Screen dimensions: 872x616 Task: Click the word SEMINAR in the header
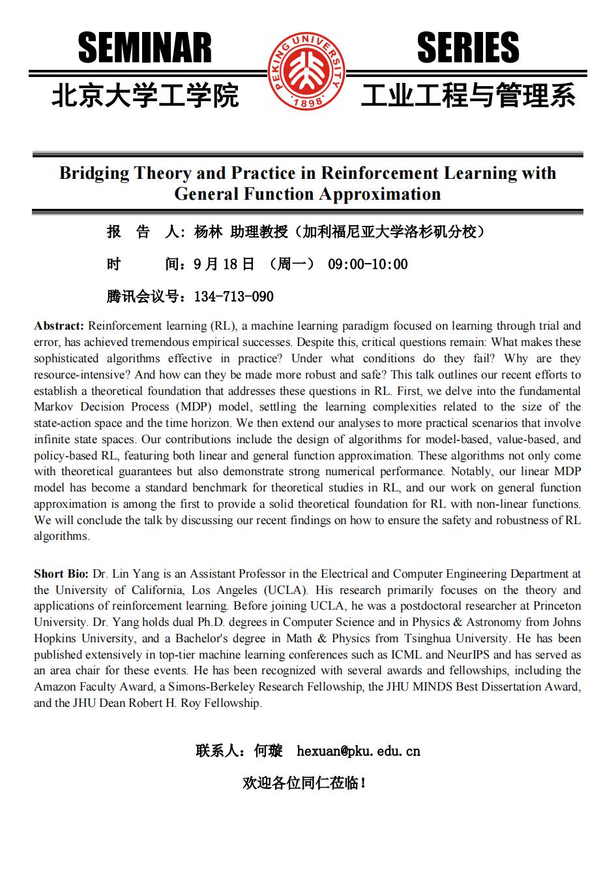click(145, 48)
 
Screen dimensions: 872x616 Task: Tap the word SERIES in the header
click(467, 48)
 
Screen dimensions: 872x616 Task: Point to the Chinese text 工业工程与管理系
click(468, 96)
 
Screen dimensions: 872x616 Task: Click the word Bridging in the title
click(94, 173)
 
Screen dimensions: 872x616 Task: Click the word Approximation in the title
click(379, 194)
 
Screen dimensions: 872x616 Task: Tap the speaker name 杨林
click(209, 232)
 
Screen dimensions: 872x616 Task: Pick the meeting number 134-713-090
click(234, 297)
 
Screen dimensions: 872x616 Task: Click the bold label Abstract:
click(59, 326)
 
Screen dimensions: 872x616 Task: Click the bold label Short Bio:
click(61, 574)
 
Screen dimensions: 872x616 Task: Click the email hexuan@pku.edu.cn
click(358, 751)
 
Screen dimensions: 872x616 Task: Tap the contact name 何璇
click(268, 751)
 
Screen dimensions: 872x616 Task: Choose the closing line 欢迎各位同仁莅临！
click(304, 783)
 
